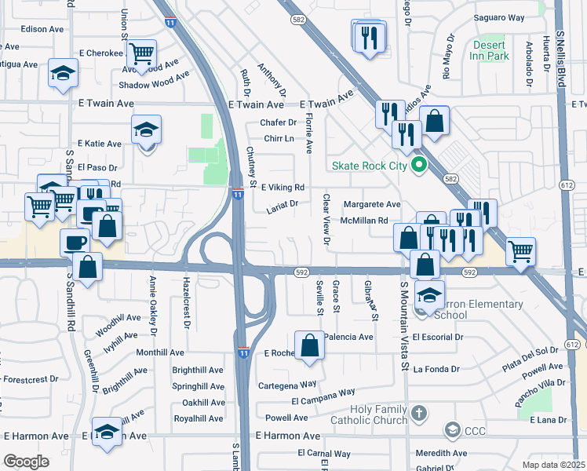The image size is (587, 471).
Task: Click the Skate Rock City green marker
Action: point(418,165)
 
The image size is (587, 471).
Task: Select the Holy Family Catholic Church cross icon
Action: point(420,413)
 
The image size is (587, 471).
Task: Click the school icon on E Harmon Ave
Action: point(107,431)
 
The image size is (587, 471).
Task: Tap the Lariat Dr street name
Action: point(283,204)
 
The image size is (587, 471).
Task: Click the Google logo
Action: point(26,461)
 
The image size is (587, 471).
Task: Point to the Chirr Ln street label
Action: point(279,139)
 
